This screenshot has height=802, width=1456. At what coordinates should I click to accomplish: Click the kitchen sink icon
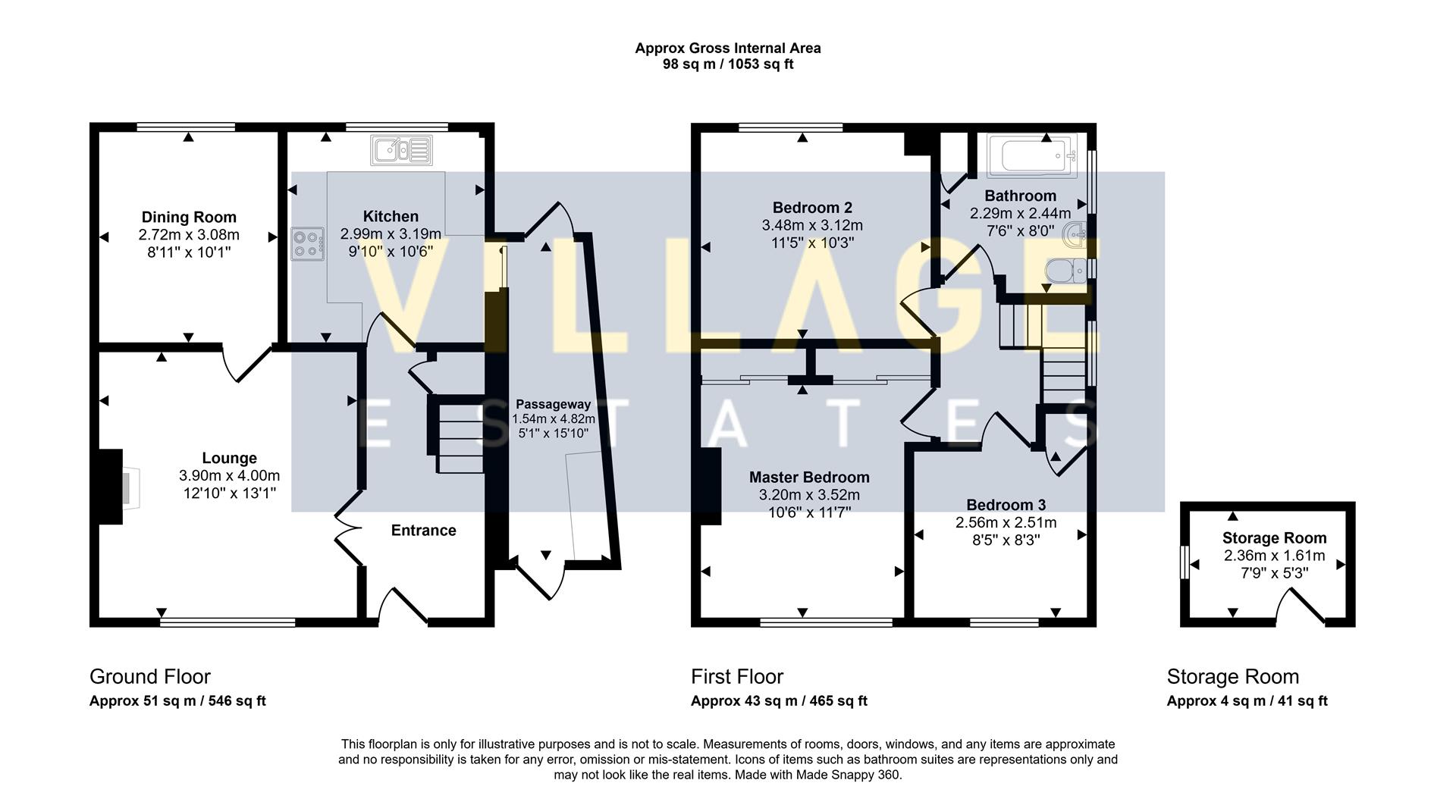401,150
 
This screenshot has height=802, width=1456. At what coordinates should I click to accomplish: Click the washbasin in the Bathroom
1077,235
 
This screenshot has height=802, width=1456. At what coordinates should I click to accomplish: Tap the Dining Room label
189,218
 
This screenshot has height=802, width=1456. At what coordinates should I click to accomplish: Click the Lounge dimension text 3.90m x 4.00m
229,476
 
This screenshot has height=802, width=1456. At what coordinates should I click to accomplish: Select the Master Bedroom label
809,478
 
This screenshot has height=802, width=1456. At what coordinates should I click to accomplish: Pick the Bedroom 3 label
1006,505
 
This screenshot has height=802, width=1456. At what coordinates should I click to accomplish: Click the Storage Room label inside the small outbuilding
1274,538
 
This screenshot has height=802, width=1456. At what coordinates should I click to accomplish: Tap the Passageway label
554,404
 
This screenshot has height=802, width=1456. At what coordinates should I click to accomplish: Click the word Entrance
423,531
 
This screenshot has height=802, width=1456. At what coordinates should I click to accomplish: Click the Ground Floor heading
150,677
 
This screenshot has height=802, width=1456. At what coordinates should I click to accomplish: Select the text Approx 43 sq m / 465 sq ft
779,701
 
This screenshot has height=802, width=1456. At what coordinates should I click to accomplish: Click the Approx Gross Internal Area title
728,49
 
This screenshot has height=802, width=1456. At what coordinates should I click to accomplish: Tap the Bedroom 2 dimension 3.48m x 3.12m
812,225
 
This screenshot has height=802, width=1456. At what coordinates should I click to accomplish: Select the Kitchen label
391,217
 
